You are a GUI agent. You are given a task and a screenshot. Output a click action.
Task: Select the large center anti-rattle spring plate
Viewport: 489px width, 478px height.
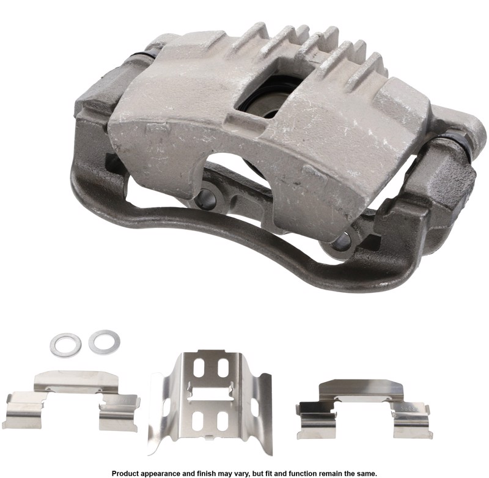click(x=210, y=402)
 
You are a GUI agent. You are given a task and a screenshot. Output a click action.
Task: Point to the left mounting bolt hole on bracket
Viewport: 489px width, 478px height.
click(x=206, y=199)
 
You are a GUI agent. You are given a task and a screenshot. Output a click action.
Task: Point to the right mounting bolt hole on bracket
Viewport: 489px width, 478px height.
click(x=341, y=239)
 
